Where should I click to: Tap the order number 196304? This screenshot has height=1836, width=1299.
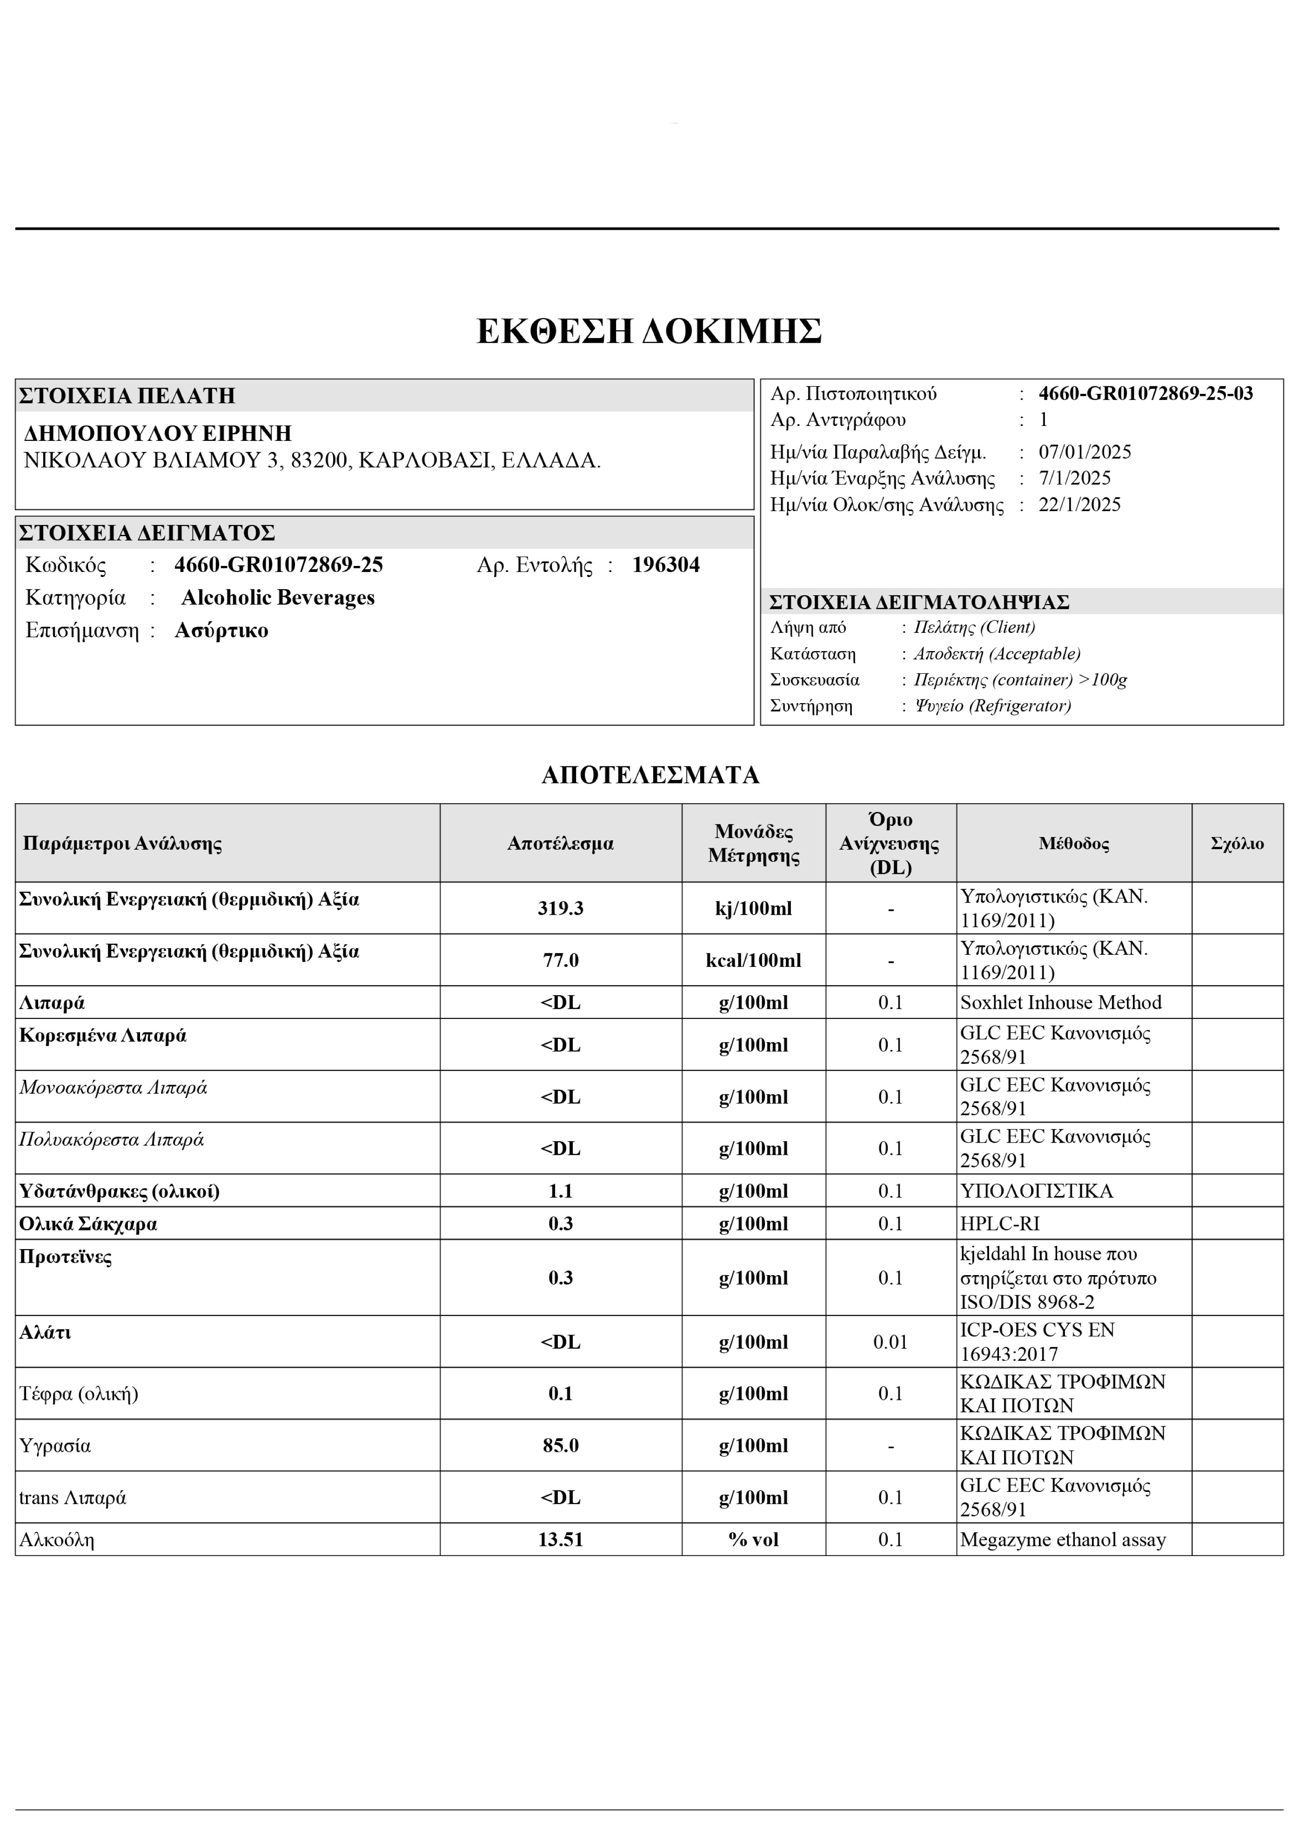(665, 565)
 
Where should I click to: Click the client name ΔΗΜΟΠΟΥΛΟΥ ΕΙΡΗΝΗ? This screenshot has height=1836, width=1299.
(158, 433)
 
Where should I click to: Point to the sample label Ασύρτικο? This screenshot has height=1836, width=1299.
(221, 631)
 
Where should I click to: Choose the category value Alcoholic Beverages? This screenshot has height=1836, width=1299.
(278, 598)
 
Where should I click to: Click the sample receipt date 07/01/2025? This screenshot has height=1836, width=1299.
(1085, 452)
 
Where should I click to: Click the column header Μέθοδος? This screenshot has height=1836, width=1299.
(1073, 844)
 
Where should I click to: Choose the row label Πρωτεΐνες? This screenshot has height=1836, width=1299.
(66, 1257)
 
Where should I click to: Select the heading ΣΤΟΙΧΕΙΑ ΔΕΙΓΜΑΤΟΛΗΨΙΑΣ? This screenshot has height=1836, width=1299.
(918, 602)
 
